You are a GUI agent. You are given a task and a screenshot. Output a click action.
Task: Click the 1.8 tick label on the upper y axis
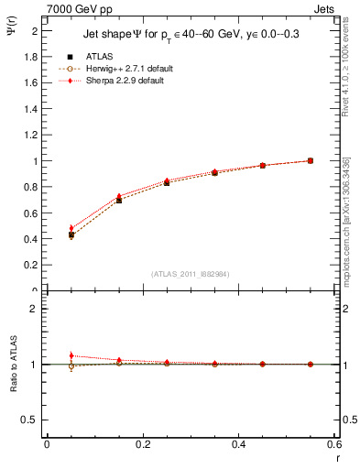31,57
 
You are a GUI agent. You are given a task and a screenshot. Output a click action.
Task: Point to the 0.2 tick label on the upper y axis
31,266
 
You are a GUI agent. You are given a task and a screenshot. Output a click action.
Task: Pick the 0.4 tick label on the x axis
239,445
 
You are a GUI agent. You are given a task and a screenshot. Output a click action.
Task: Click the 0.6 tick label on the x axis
335,445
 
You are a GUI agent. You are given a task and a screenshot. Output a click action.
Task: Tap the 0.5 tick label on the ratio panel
31,420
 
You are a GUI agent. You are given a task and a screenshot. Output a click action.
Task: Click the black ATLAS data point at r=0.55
311,160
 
